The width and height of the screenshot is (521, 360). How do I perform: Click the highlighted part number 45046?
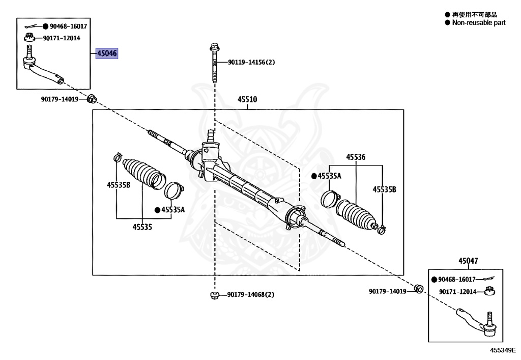click(107, 53)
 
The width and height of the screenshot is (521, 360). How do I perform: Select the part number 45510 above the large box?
click(248, 100)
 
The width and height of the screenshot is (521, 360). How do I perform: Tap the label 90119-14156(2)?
click(251, 62)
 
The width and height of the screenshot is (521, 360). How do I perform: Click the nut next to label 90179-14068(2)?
click(214, 295)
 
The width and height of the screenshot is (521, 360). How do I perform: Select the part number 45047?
click(468, 261)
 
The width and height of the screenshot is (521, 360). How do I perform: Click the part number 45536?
click(356, 157)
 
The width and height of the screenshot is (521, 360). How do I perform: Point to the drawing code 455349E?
click(503, 350)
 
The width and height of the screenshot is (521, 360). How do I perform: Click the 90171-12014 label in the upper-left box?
click(61, 38)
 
